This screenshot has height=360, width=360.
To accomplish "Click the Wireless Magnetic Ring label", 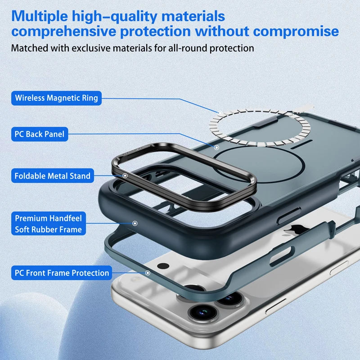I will [56, 98].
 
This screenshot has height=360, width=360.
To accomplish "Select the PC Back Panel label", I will [39, 134].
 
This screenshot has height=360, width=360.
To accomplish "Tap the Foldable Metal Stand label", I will [52, 176].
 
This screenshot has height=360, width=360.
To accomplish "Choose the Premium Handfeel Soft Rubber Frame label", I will [48, 224].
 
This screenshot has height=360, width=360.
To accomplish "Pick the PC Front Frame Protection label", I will [62, 273].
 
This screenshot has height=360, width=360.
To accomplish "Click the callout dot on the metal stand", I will [125, 174].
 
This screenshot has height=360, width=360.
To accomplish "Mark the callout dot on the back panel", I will [216, 147].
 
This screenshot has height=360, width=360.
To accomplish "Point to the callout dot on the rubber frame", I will [135, 223].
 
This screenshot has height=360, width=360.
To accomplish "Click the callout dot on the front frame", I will [148, 272].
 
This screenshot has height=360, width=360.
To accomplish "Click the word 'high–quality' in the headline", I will [113, 17].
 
